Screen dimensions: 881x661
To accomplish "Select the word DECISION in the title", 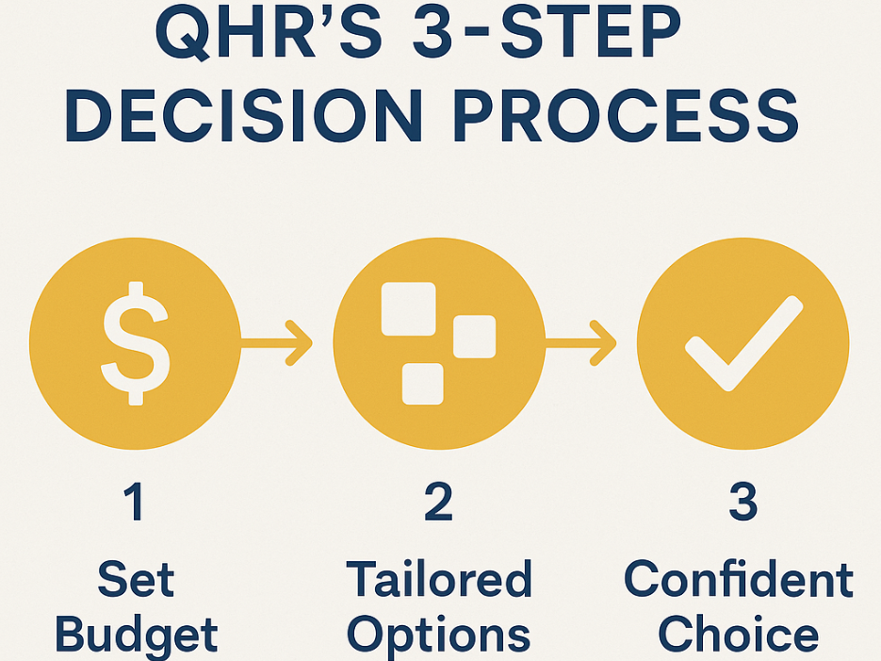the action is click(244, 116).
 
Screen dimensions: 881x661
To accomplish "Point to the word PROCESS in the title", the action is click(626, 116).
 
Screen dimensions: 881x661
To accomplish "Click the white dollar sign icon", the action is click(136, 343).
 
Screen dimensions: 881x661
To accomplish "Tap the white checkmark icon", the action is click(744, 343).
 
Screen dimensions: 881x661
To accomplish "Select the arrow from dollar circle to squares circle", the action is click(276, 343).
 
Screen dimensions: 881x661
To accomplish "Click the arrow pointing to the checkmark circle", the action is click(581, 343).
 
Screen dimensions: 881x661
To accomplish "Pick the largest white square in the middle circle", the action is click(409, 309).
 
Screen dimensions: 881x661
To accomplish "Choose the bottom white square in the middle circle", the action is click(423, 384).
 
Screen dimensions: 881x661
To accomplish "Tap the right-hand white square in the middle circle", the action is click(475, 337).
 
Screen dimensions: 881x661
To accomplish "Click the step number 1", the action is click(135, 502).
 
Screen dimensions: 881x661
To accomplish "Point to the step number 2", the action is click(439, 502).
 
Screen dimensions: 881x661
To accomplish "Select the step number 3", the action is click(743, 502).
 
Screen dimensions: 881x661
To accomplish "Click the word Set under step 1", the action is click(136, 579).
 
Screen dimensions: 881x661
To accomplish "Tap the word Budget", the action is click(136, 636).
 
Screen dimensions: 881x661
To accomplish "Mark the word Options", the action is click(439, 636).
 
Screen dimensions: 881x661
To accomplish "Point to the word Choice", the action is click(739, 634).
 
